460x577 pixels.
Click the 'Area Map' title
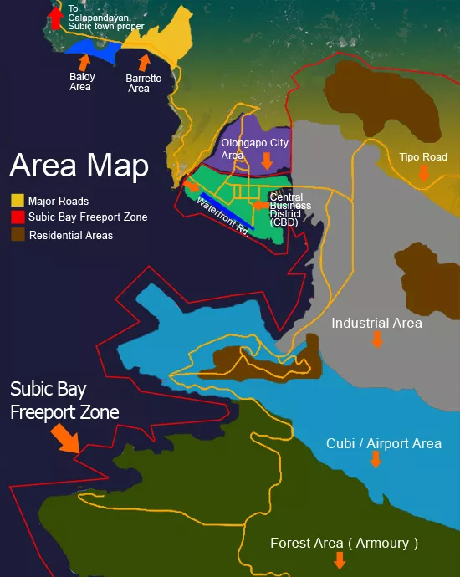click(79, 165)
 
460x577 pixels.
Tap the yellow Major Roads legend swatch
click(18, 201)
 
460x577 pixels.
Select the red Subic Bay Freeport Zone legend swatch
click(18, 217)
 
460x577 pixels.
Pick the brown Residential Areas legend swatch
click(18, 235)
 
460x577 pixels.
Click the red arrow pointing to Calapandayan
click(55, 16)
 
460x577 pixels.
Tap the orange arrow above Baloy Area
click(84, 60)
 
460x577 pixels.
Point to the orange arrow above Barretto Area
click(144, 61)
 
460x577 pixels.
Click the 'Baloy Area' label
click(82, 82)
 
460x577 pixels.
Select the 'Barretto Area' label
click(138, 83)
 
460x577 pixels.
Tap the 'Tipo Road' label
click(423, 156)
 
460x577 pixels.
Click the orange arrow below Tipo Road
click(424, 172)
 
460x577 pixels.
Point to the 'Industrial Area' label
click(376, 323)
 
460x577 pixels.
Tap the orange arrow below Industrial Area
click(377, 339)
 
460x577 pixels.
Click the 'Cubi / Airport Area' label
click(383, 443)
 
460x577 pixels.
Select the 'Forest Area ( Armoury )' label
click(344, 543)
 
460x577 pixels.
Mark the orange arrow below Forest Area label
click(340, 560)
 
